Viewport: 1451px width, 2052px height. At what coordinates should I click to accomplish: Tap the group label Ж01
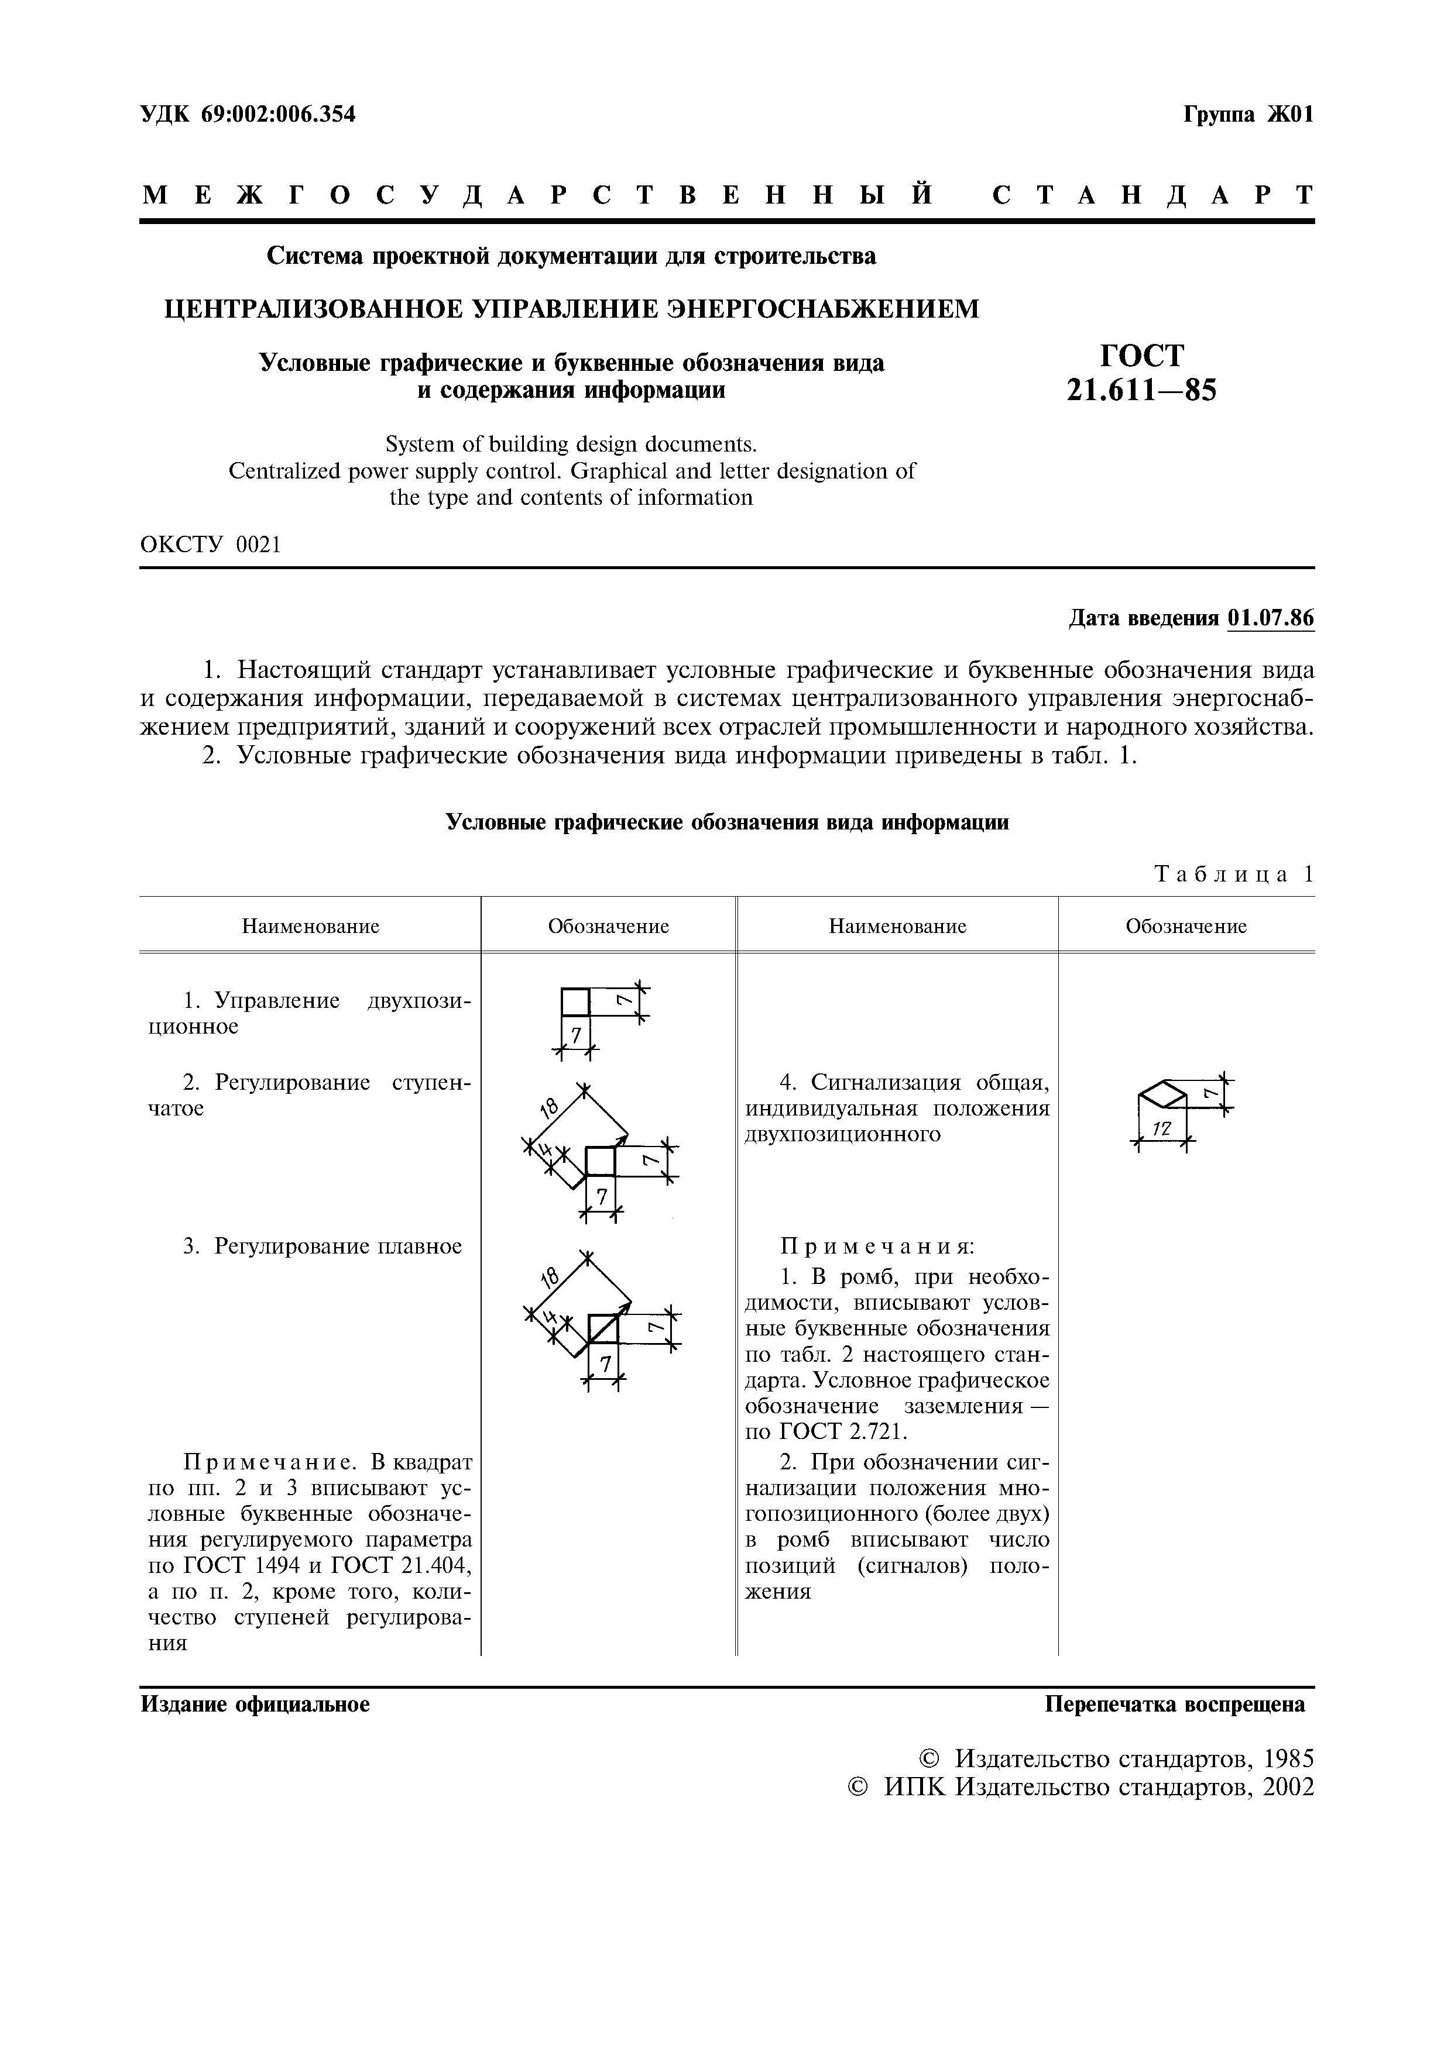(1289, 115)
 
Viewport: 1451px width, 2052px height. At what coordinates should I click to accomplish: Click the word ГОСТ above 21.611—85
(1142, 356)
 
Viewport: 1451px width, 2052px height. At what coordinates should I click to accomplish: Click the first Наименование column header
(310, 926)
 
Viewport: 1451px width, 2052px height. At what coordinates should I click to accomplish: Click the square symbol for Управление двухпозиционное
(576, 1002)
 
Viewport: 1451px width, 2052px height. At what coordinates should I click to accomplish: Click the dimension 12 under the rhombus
(1161, 1130)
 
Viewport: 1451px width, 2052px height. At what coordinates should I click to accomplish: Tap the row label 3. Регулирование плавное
(323, 1246)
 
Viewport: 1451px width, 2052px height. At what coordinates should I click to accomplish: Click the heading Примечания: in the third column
(876, 1246)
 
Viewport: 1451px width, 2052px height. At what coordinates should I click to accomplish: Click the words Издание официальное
(255, 1705)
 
